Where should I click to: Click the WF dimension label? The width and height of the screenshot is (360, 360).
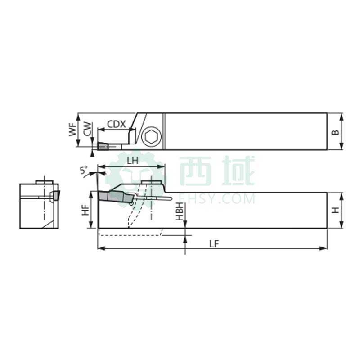(73, 130)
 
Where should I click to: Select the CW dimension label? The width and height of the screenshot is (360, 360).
(87, 129)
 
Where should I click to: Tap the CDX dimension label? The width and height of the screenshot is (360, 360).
(117, 124)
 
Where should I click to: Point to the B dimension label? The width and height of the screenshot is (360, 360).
(336, 132)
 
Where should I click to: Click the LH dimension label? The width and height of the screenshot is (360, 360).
(133, 161)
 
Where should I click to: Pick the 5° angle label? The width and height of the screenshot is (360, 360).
(84, 170)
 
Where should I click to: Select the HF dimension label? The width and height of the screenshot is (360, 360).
(85, 210)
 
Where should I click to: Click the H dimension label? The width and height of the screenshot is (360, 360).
(336, 210)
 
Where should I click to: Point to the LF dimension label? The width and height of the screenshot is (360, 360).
(214, 244)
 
